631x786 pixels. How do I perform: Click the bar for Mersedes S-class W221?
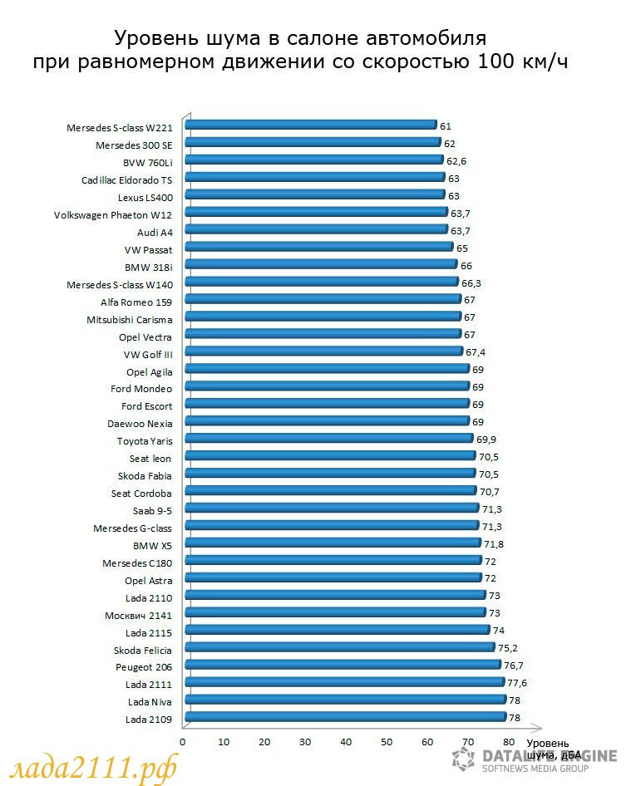tap(310, 125)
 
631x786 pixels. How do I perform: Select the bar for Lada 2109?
tap(345, 717)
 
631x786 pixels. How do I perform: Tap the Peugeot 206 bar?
tap(343, 665)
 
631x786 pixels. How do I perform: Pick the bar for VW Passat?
tap(318, 247)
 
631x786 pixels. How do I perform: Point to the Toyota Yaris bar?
tap(328, 439)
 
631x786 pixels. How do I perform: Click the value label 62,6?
tap(456, 160)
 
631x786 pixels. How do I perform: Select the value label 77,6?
tap(517, 682)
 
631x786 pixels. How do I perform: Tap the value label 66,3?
tap(471, 282)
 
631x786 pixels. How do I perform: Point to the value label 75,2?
tap(508, 647)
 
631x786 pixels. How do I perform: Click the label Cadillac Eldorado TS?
tap(126, 179)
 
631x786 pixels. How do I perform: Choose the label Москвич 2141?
tap(139, 615)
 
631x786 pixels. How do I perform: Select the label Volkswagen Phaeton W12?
tap(113, 214)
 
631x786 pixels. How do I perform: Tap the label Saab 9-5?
tap(152, 510)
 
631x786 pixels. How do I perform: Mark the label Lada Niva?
tap(150, 702)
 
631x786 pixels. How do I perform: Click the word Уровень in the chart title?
tap(153, 37)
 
